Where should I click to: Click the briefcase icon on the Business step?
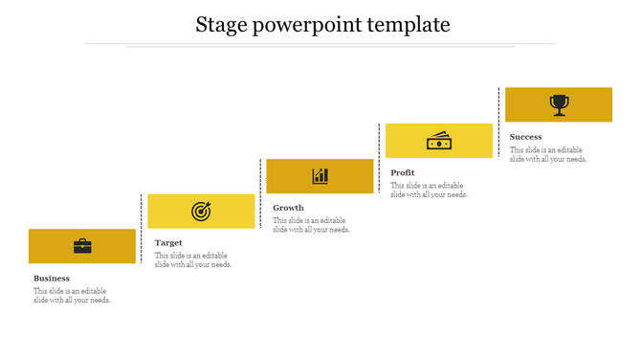point(82,246)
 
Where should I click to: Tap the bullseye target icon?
point(201,211)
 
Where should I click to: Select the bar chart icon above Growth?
point(320,176)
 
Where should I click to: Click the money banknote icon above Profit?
point(439,142)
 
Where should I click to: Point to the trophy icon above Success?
point(559,104)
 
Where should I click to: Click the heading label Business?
point(52,279)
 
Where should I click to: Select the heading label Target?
point(168,243)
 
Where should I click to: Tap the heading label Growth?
point(288,208)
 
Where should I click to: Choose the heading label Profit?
point(403,173)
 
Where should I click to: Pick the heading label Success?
point(526,137)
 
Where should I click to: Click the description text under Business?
point(72,296)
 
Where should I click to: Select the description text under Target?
point(193,260)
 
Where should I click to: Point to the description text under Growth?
point(311,225)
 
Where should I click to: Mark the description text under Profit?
point(429,190)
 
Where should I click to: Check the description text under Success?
point(548,154)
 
